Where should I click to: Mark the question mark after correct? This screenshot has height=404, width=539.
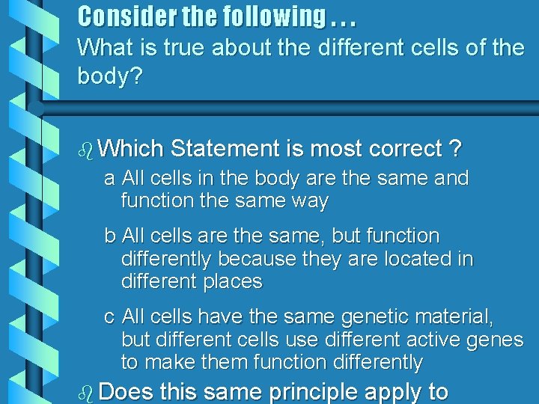[455, 148]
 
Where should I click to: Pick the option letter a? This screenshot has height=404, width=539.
[109, 179]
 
